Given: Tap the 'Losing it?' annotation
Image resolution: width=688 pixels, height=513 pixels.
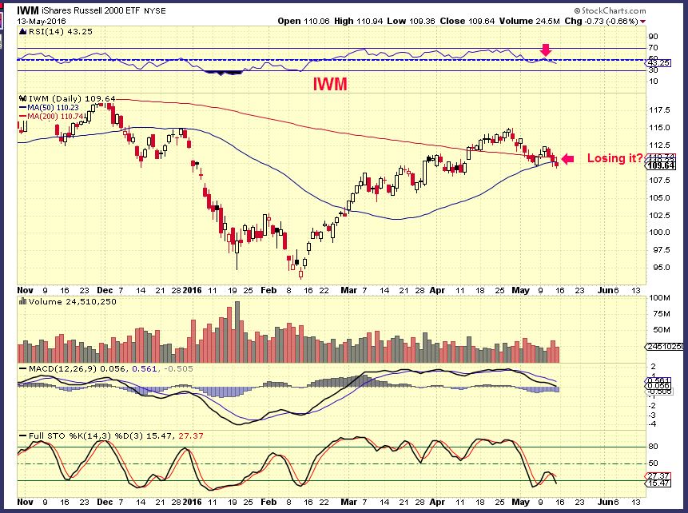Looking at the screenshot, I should point(615,158).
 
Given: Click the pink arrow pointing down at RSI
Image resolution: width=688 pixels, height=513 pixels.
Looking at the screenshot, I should point(546,51).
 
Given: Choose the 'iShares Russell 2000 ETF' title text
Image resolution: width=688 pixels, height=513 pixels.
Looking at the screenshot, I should point(105,10).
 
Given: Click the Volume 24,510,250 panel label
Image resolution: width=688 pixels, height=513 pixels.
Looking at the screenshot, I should point(68,302).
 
